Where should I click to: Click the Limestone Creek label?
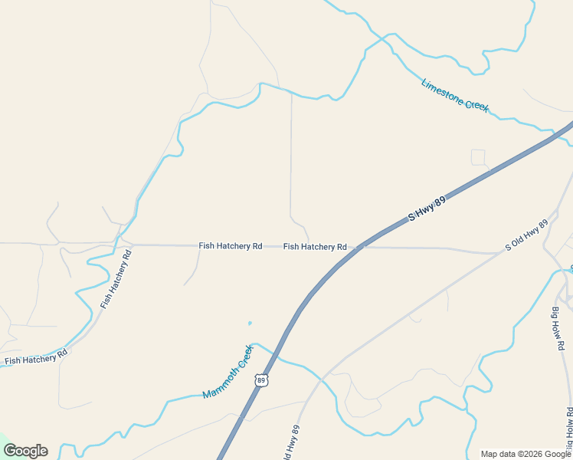click(x=454, y=96)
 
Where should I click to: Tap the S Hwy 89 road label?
click(x=427, y=207)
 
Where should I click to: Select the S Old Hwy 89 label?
click(x=527, y=235)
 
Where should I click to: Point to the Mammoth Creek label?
click(x=228, y=372)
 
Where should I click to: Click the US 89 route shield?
click(x=262, y=380)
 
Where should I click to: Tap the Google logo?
click(x=25, y=451)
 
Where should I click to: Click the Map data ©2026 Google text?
click(x=526, y=454)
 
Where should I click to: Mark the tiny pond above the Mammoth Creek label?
click(x=249, y=323)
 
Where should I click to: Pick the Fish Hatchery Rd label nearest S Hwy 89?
click(x=314, y=247)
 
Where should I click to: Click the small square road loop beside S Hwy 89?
click(x=478, y=157)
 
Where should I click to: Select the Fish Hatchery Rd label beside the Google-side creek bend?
click(x=36, y=356)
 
